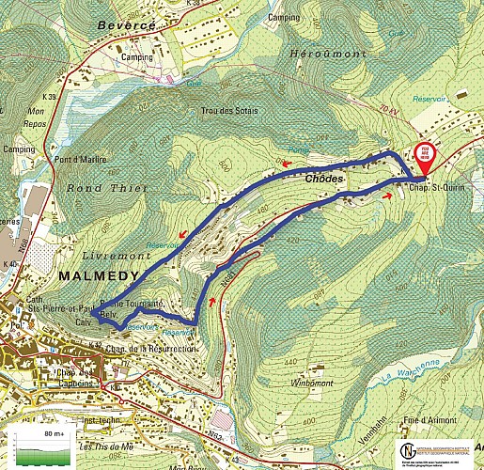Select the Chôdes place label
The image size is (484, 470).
pos(325,178)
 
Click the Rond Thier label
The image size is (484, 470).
pos(99,187)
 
